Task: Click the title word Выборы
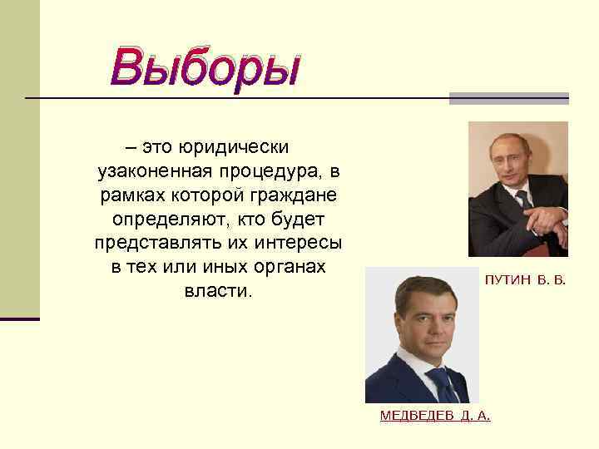(x=205, y=67)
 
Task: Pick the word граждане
(x=292, y=195)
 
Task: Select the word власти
(x=215, y=292)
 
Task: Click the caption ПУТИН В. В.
(x=525, y=281)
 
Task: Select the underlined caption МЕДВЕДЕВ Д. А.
(x=435, y=416)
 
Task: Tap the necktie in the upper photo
(x=524, y=200)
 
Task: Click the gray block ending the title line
(x=508, y=98)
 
